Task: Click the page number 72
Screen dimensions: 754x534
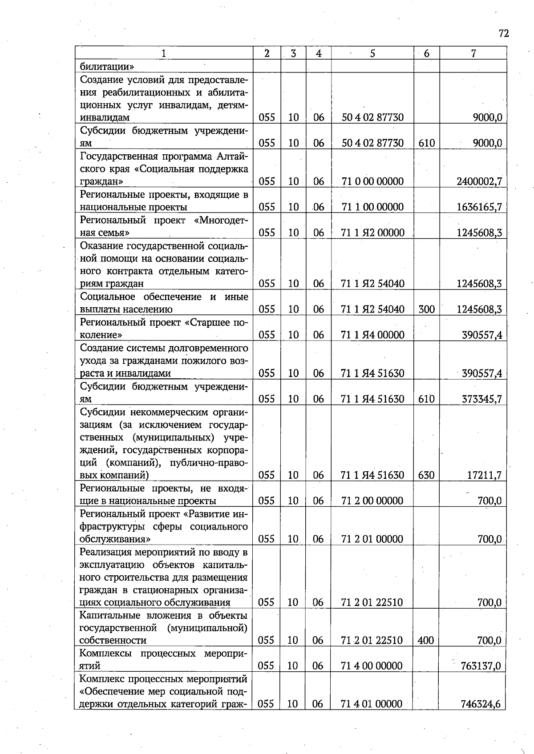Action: [503, 34]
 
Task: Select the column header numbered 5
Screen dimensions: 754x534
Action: [372, 53]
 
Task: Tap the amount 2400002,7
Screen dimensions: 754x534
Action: [479, 181]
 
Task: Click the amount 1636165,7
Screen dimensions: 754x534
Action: [479, 207]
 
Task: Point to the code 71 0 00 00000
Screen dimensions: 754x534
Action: [372, 181]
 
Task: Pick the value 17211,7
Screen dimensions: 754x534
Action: [484, 475]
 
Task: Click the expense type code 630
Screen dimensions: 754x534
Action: [426, 475]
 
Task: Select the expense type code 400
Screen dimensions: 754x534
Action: [426, 641]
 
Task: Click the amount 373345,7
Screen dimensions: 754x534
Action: [482, 399]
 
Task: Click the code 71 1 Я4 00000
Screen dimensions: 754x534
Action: [372, 335]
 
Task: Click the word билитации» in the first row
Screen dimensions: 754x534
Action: [107, 67]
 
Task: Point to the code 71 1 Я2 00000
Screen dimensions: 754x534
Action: [372, 233]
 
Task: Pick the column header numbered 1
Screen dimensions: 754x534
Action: [164, 53]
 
